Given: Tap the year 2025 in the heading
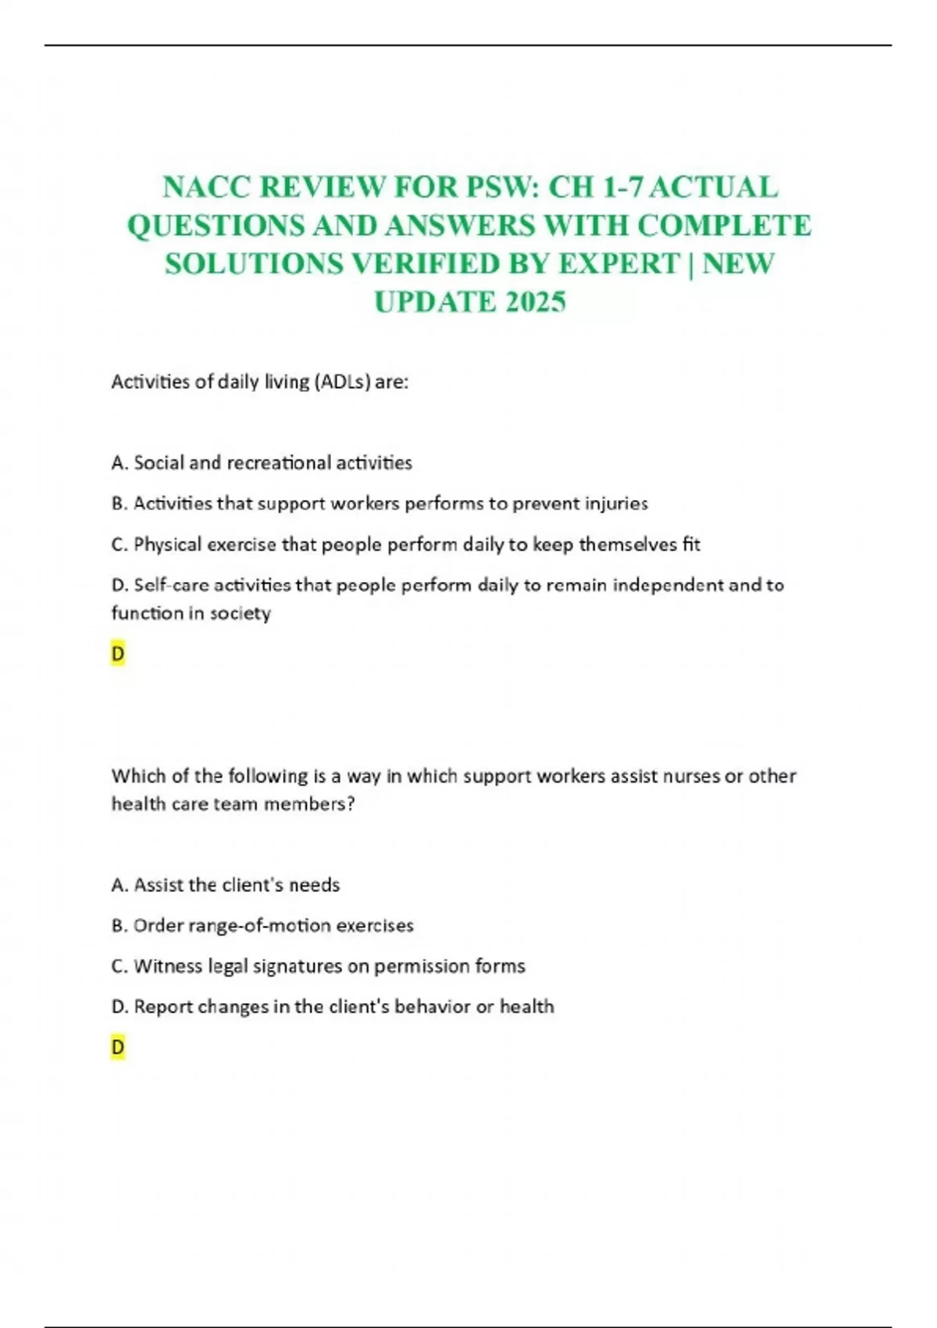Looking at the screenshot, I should coord(535,302).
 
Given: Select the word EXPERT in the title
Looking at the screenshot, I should coord(619,264).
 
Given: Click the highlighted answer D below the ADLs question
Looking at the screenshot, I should coord(118,654).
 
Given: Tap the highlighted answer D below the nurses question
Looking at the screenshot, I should coord(118,1048).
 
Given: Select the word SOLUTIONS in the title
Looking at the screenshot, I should coord(253,264).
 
